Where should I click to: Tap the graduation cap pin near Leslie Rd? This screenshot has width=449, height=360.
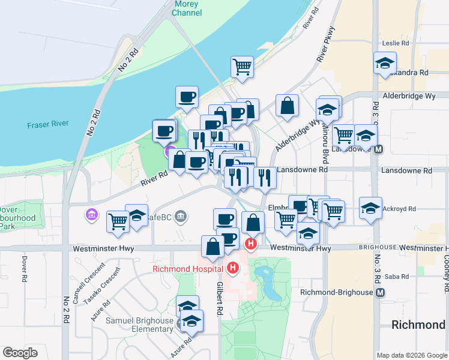pos(385,62)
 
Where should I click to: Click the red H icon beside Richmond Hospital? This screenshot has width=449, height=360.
pos(233,268)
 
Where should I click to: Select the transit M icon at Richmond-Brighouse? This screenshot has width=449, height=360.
pos(379,292)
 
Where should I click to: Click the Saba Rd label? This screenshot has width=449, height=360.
pos(396,277)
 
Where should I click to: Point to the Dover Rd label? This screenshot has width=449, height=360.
pos(25,270)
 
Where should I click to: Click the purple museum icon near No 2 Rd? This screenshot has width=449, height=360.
pos(91,214)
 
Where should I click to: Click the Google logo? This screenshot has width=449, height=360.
pos(20,353)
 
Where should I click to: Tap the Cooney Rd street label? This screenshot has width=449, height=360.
pos(447,271)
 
